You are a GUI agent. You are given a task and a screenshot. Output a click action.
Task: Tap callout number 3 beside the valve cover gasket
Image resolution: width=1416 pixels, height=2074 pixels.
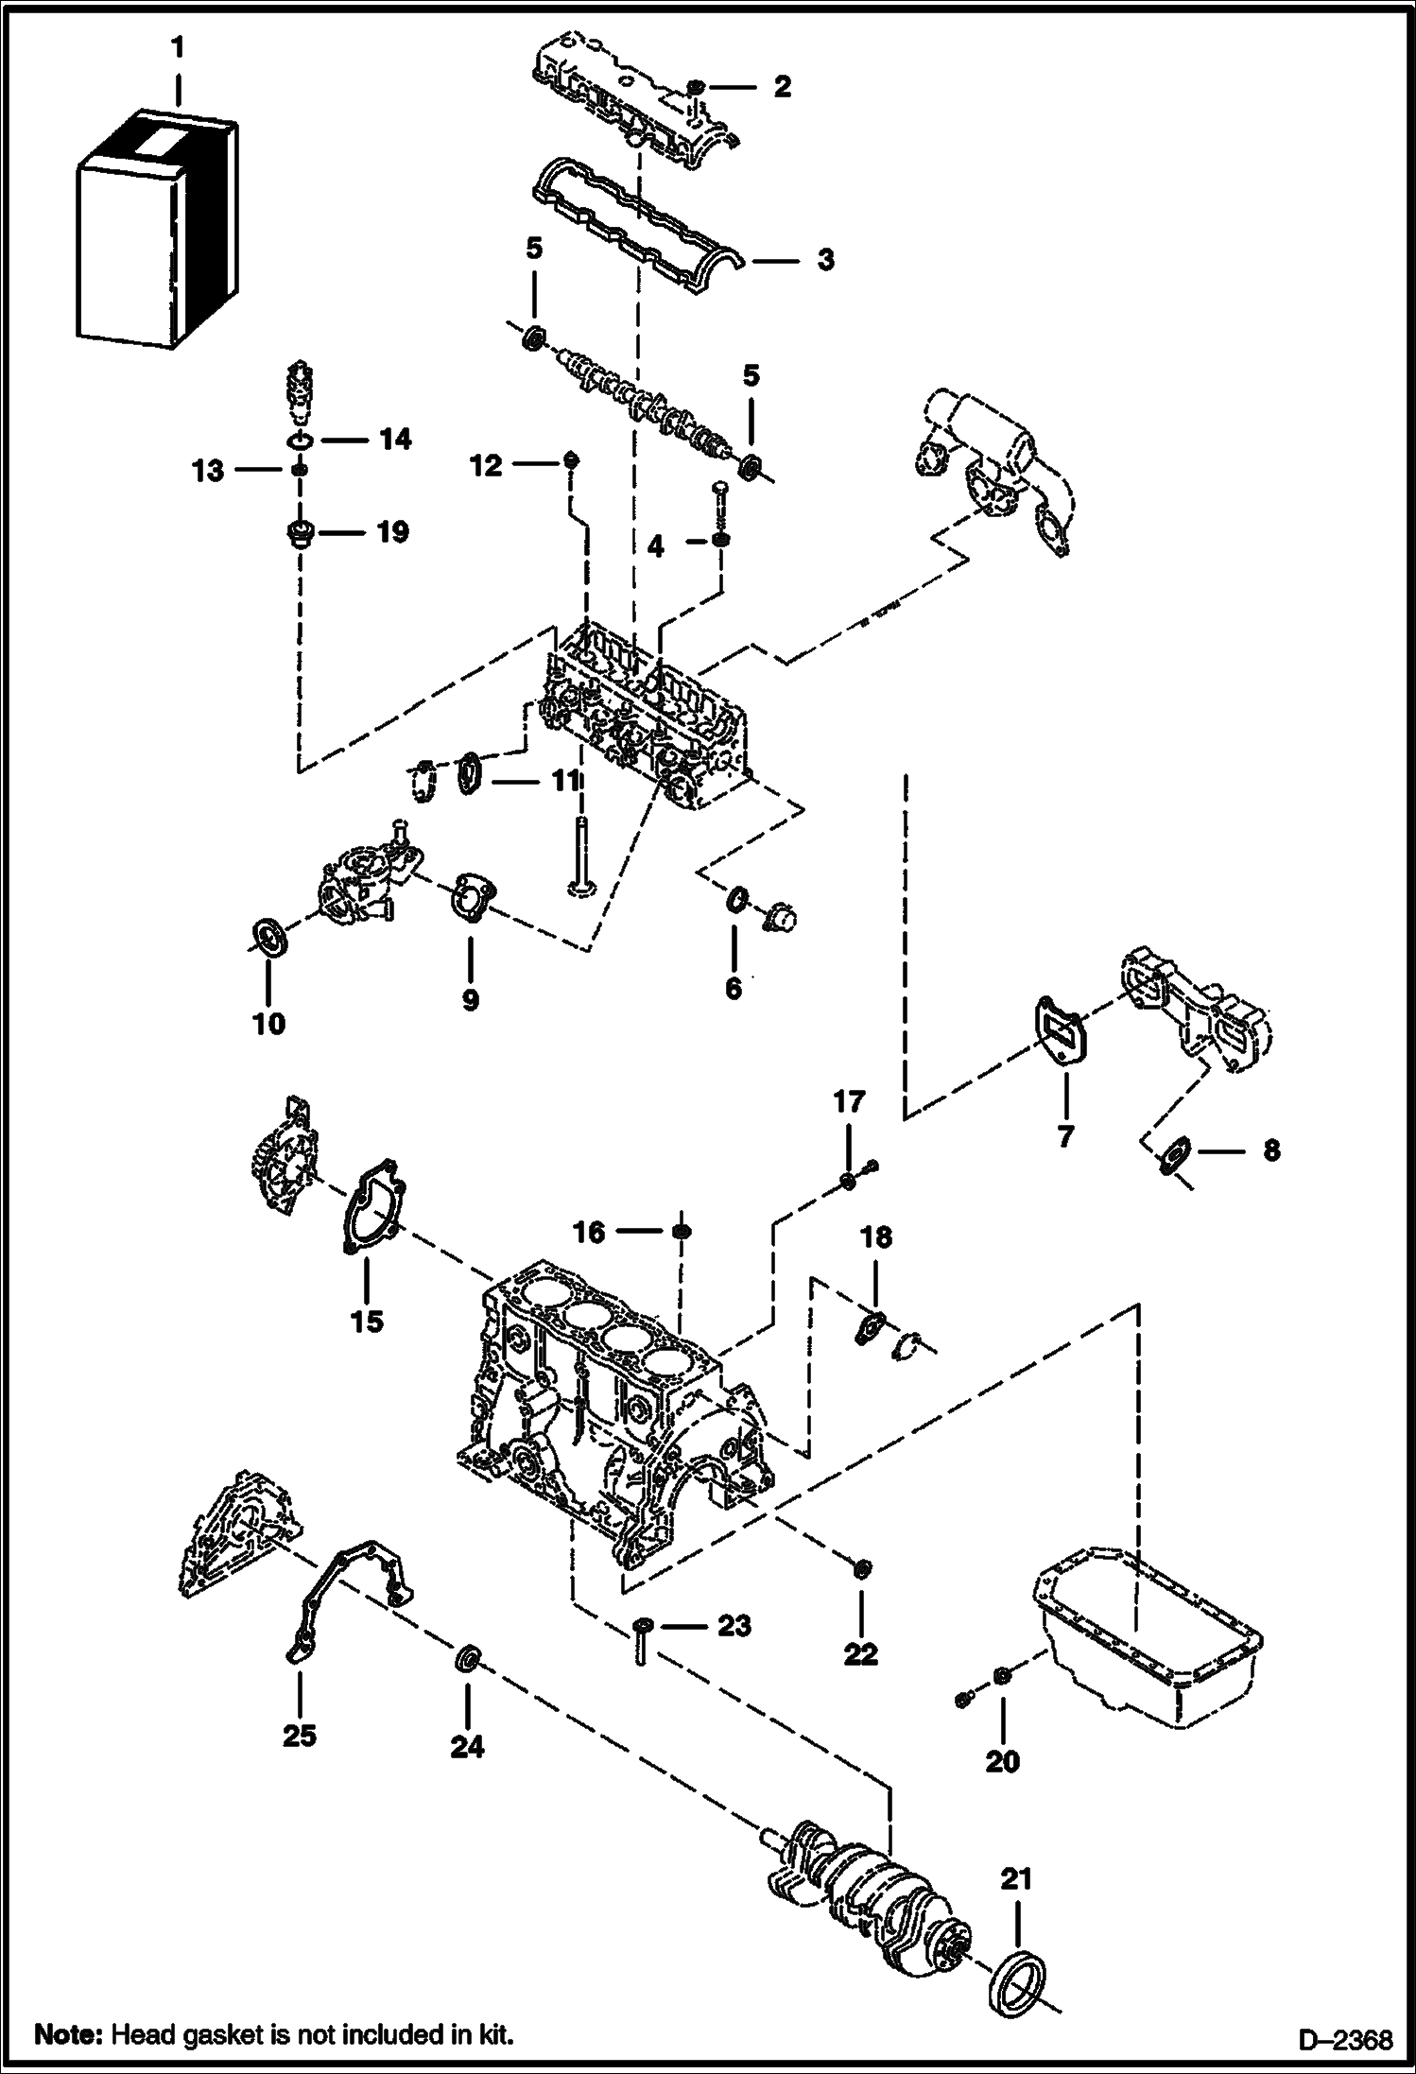[x=825, y=259]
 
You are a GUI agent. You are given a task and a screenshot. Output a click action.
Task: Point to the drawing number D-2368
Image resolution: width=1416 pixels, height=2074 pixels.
[x=1344, y=2038]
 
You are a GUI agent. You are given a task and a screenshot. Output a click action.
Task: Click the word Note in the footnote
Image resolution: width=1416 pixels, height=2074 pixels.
[x=68, y=2033]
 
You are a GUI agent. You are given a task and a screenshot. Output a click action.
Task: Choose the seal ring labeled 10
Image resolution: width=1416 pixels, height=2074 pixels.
[x=271, y=937]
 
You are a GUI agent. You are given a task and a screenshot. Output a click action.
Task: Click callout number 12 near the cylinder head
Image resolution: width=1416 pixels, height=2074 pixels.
[x=486, y=465]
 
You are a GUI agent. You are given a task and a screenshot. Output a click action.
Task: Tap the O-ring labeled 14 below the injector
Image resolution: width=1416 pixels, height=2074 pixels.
[x=300, y=441]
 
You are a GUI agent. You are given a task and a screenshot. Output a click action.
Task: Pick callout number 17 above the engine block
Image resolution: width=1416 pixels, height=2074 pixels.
[x=848, y=1101]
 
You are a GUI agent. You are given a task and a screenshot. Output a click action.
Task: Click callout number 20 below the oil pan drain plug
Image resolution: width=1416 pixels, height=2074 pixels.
[x=1002, y=1761]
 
